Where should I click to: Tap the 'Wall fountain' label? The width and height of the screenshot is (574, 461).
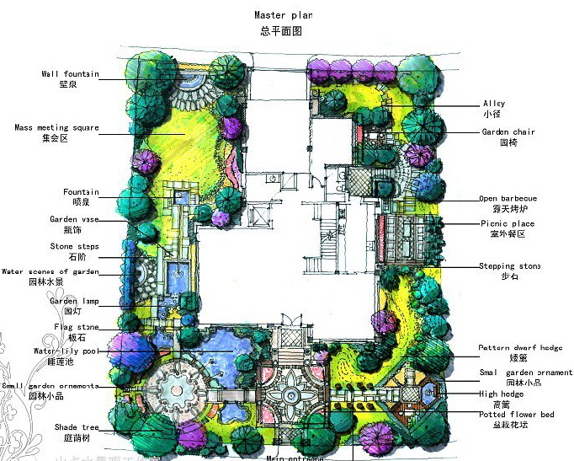pos(69,74)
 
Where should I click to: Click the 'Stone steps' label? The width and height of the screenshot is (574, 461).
pos(74,246)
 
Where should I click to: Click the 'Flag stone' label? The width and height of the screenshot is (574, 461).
pos(77,327)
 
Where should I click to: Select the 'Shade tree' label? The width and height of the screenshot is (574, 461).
pos(77,427)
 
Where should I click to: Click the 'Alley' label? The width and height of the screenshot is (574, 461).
pos(493,104)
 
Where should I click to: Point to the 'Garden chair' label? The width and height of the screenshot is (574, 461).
pos(508,131)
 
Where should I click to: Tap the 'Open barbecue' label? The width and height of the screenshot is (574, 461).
pos(508,198)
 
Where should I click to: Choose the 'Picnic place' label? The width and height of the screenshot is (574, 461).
pos(508,223)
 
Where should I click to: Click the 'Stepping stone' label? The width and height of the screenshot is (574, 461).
pos(509,266)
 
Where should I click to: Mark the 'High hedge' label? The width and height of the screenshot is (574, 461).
pos(502,394)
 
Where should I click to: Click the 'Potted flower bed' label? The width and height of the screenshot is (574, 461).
pos(517,415)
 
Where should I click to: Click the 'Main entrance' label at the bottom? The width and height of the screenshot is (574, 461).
pos(295,458)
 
